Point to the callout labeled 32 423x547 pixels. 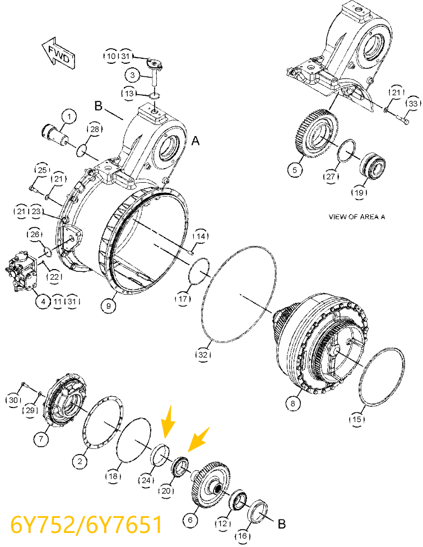click(x=203, y=354)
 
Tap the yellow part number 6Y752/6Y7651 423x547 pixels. click(x=86, y=525)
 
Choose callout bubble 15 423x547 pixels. click(x=357, y=418)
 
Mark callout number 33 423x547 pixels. click(x=412, y=104)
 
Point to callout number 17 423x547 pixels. click(x=184, y=299)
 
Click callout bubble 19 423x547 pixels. click(x=359, y=193)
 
